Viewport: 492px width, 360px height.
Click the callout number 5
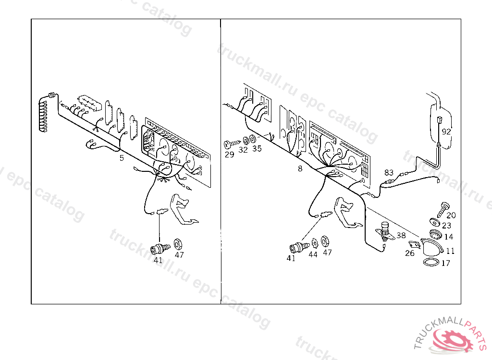(x=122, y=157)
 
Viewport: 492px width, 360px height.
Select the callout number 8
(x=300, y=168)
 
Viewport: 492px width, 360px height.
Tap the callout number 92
(x=446, y=132)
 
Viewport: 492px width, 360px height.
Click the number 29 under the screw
(x=229, y=155)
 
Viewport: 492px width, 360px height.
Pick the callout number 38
(x=401, y=235)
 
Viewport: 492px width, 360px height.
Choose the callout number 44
(x=313, y=254)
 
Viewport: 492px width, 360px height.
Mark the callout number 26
(x=409, y=253)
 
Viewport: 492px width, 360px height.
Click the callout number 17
(x=445, y=263)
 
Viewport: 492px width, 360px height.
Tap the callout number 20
(x=451, y=215)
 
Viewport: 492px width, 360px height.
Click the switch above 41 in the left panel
(x=160, y=248)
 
